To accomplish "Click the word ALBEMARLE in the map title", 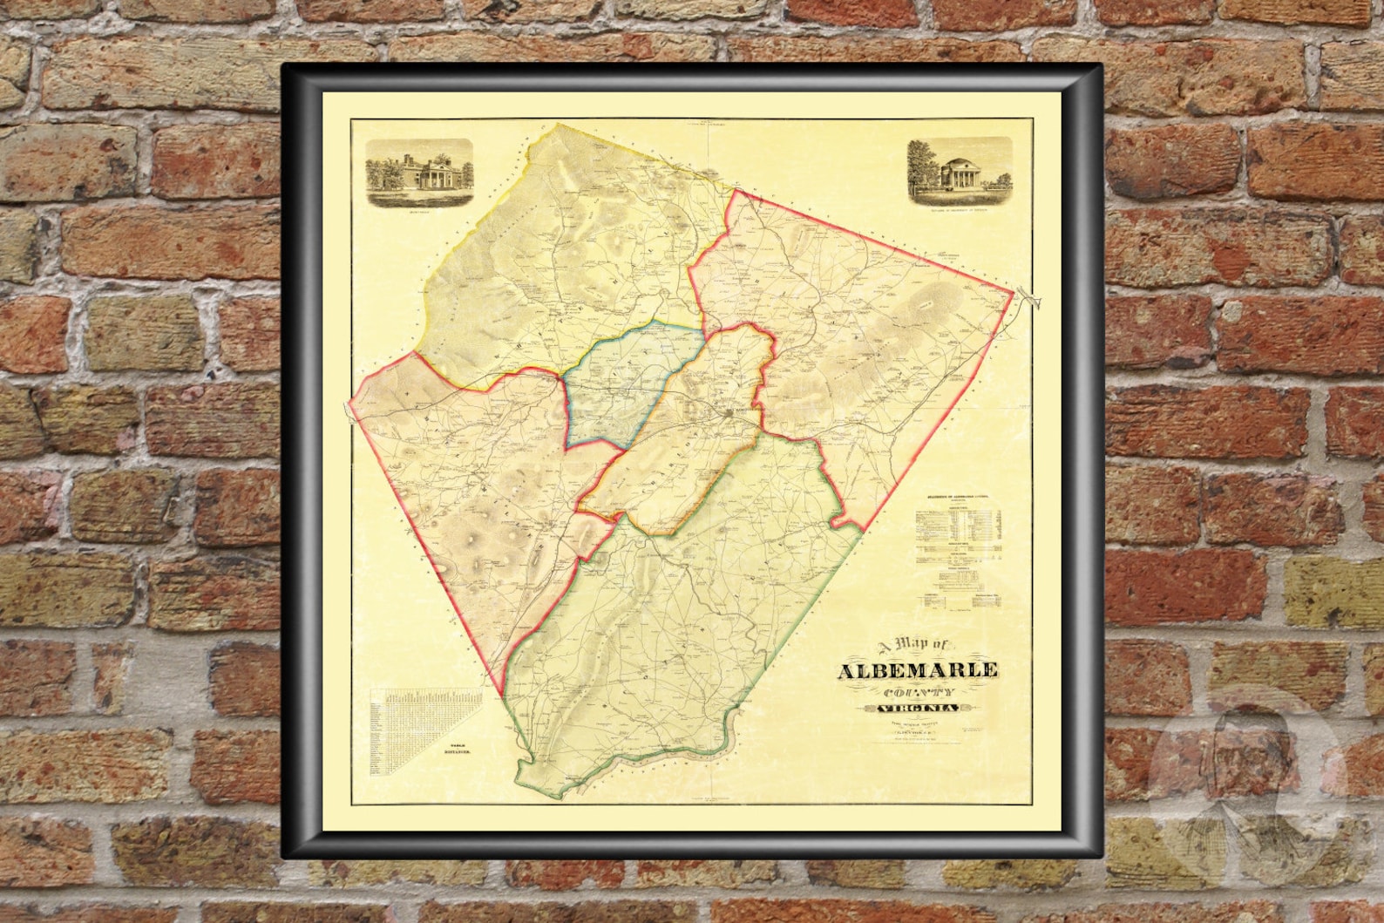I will tap(918, 671).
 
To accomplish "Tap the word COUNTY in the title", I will tap(918, 693).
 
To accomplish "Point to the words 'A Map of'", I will tap(917, 647).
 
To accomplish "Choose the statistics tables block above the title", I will tap(959, 549).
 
